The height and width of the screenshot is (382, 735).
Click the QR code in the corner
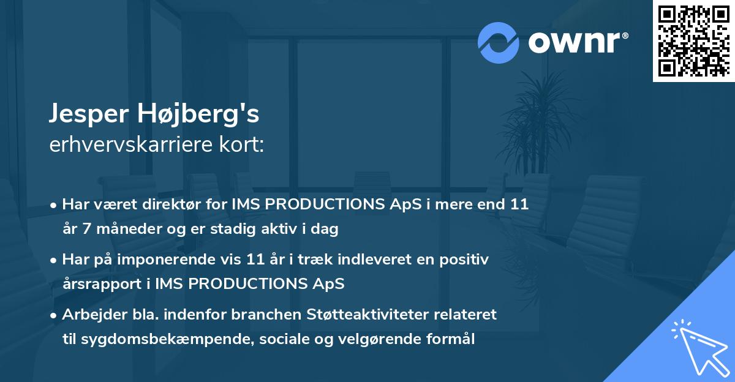(694, 41)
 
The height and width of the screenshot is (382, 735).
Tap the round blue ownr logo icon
(499, 42)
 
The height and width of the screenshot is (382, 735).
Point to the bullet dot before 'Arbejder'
(55, 315)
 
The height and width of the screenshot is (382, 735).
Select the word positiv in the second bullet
(466, 260)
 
